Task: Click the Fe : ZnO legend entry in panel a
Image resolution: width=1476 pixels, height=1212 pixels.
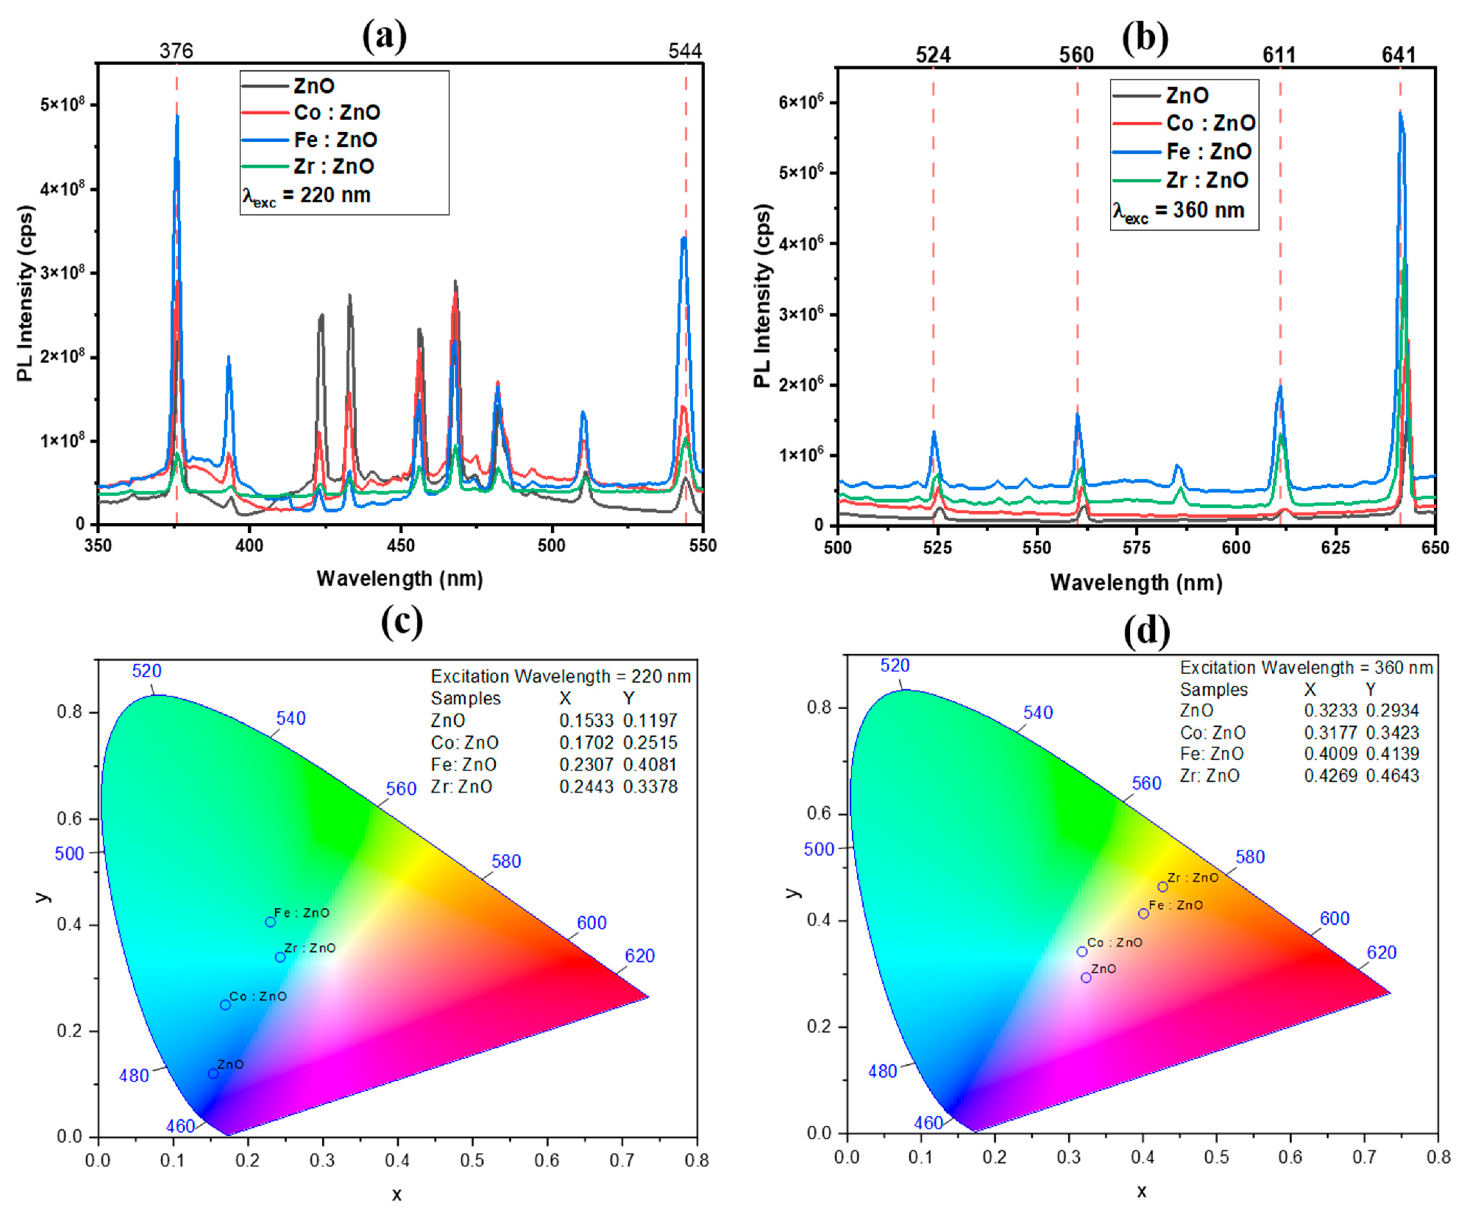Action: [x=335, y=140]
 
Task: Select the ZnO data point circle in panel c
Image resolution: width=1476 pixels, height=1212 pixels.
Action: [x=214, y=1073]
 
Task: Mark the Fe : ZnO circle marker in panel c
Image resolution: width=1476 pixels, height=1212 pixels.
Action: [x=270, y=922]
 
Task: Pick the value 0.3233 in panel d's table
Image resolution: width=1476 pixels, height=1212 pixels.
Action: [x=1330, y=711]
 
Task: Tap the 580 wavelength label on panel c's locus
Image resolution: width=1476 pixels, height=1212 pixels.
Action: [x=506, y=862]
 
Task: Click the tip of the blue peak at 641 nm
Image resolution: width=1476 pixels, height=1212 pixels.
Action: [x=1399, y=112]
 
